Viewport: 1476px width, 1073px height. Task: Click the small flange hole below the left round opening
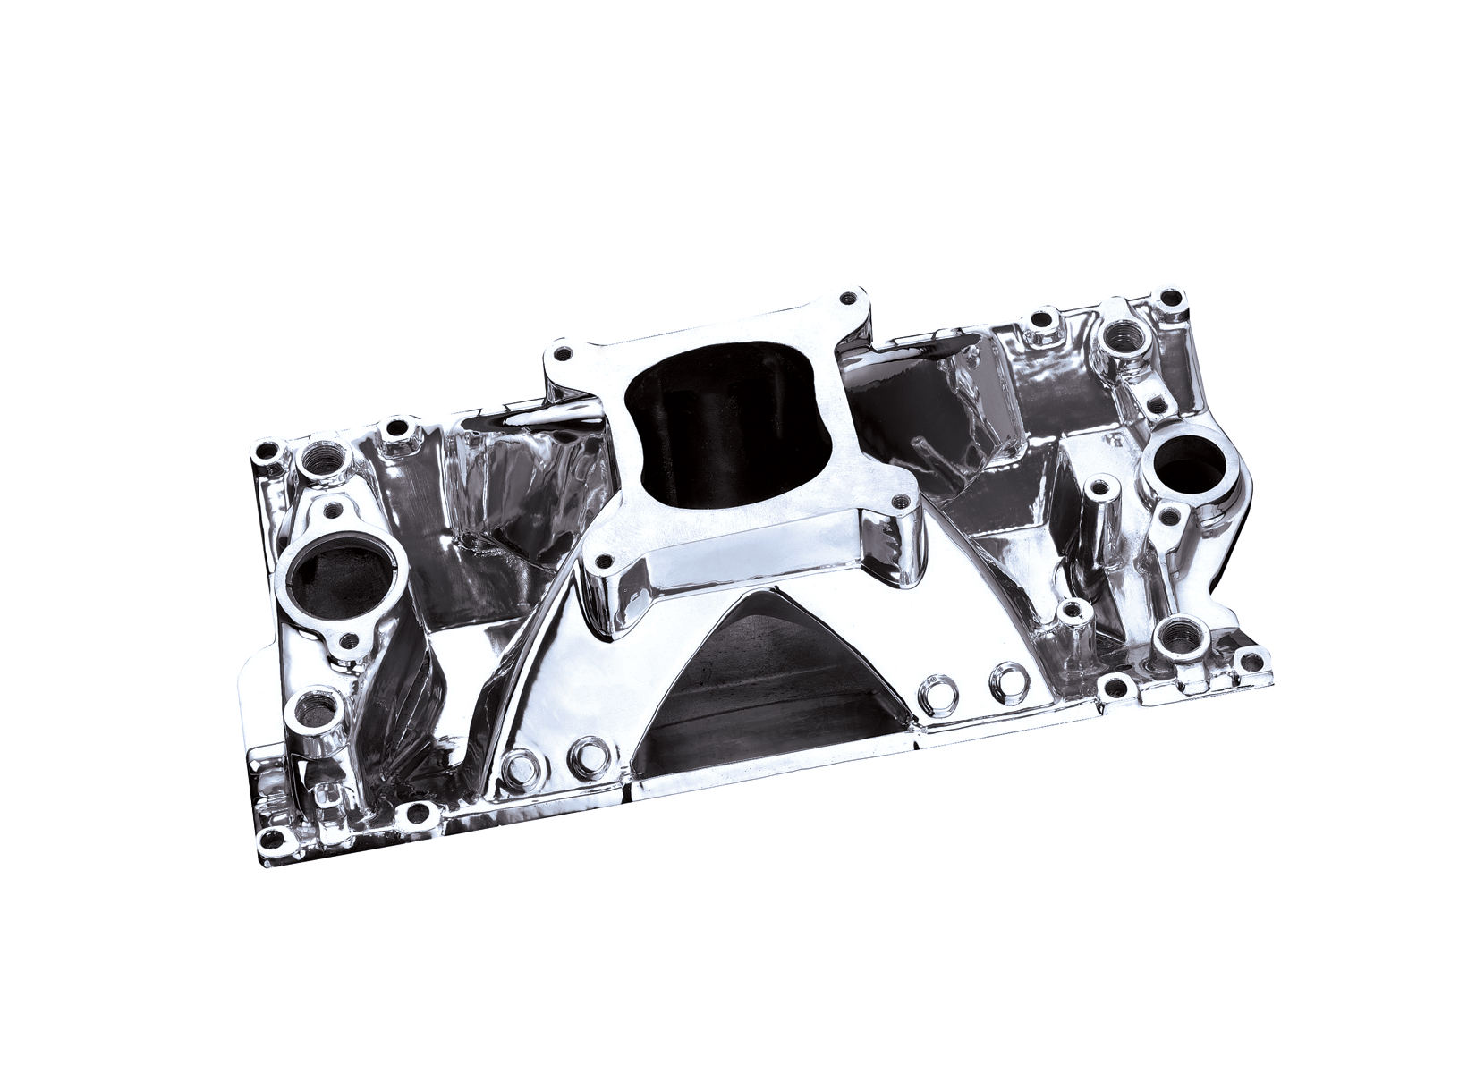tap(349, 638)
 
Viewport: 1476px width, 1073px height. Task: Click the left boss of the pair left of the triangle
tap(517, 764)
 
